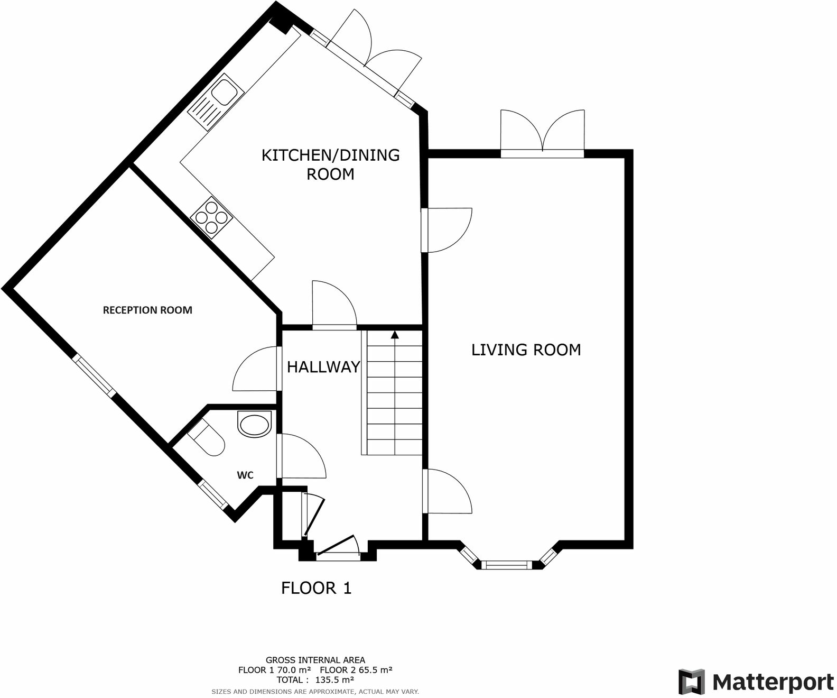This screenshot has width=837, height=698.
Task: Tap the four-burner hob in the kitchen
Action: click(211, 217)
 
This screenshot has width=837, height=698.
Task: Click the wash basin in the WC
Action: click(254, 425)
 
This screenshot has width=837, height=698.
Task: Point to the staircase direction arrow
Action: click(394, 335)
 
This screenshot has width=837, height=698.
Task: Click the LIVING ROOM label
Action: click(526, 350)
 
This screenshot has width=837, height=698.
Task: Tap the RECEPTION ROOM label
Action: click(147, 310)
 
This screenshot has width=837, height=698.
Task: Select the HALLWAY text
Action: click(323, 367)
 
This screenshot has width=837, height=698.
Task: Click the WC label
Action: click(245, 475)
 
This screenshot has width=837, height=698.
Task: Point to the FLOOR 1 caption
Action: click(316, 588)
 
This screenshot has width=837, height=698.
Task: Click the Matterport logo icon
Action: click(692, 682)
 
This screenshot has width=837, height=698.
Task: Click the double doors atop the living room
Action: click(543, 132)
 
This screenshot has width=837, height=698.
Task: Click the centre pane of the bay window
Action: click(507, 566)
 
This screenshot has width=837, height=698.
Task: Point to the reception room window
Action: click(94, 376)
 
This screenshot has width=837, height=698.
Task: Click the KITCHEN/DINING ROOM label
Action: click(331, 164)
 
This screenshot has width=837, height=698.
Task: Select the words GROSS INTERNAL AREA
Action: click(315, 660)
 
